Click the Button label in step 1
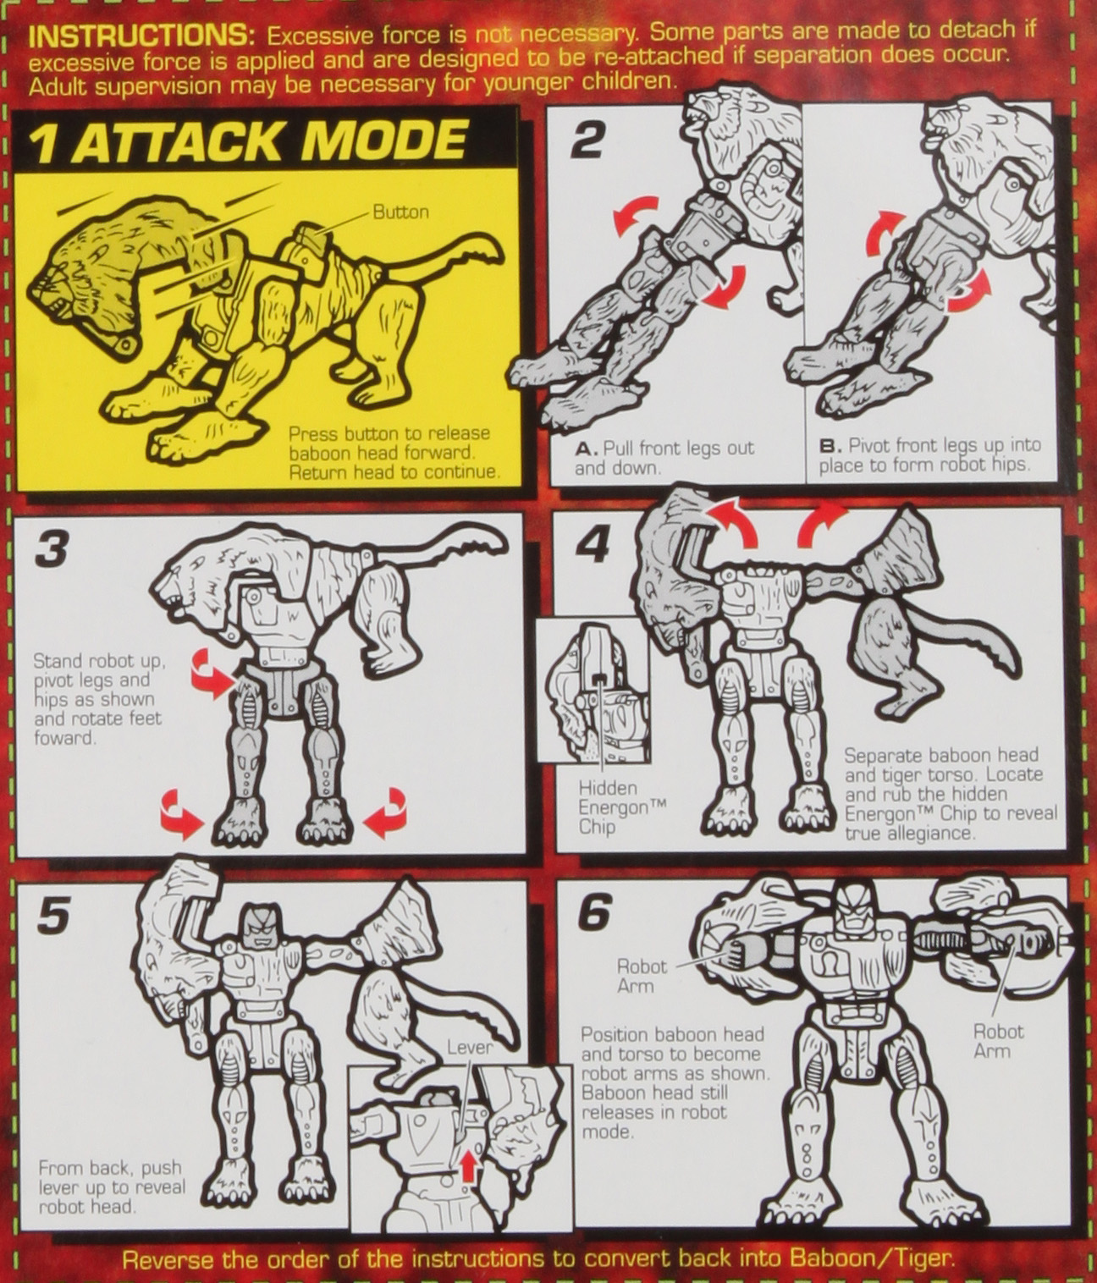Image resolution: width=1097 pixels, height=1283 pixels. (x=400, y=212)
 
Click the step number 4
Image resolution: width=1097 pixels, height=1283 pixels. (x=592, y=548)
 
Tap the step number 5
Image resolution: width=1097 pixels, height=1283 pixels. (x=52, y=917)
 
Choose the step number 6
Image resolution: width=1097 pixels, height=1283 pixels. (x=593, y=912)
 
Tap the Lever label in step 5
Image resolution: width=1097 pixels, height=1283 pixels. (x=469, y=1048)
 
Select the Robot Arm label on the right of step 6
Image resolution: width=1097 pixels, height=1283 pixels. (x=998, y=1041)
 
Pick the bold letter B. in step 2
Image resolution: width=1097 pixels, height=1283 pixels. (x=830, y=446)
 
